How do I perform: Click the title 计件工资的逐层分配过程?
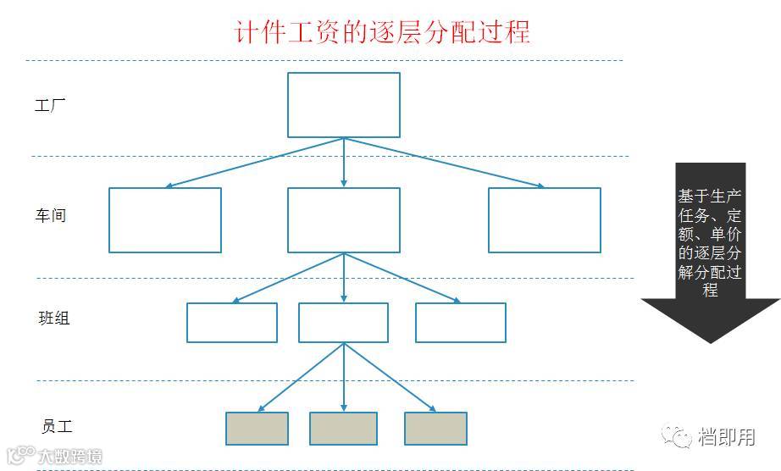382,31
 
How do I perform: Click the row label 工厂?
50,107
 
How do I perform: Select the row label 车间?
50,215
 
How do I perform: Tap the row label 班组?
54,319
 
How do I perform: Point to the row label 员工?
57,426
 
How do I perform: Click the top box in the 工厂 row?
343,105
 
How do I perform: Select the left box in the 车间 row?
165,220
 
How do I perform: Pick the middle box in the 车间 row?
343,220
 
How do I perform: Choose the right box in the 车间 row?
544,220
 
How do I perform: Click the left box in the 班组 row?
231,323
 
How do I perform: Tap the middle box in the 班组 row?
343,323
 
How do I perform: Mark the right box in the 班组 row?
460,323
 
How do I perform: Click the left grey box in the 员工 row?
257,429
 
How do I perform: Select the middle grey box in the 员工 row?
343,429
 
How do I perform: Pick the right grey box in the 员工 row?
435,429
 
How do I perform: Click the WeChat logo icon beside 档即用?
678,436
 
